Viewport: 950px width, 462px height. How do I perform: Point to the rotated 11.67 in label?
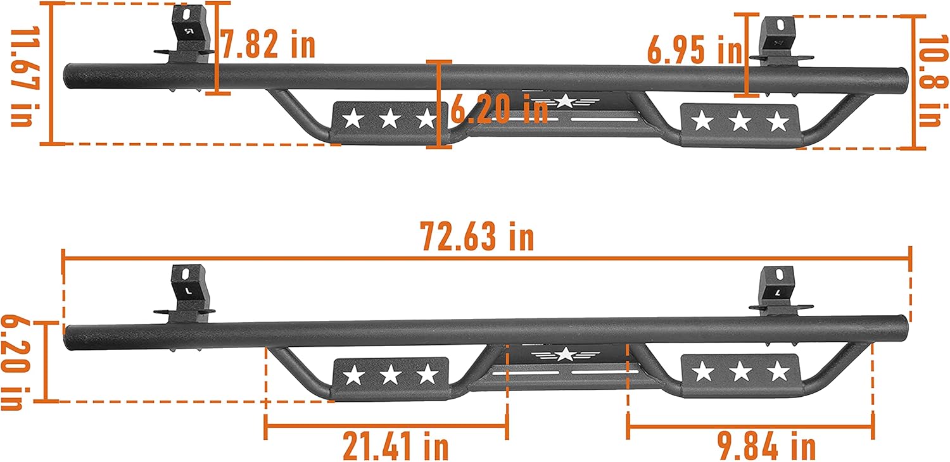[22, 77]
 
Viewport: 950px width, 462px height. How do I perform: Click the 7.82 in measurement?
[268, 45]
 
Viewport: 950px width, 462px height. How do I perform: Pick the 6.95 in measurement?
[694, 50]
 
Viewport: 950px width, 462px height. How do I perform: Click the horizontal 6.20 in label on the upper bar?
[499, 109]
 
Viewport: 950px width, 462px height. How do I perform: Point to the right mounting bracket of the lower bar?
[777, 292]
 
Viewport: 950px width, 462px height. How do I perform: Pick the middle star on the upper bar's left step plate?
[390, 118]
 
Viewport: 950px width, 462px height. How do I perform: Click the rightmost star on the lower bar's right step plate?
[777, 373]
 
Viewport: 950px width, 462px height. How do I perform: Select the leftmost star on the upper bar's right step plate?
[702, 120]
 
